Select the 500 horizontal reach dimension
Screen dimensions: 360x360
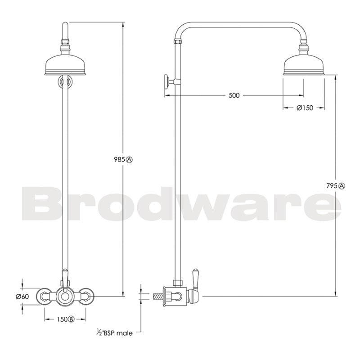tap(234, 95)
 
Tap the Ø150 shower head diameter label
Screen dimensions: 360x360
tap(305, 108)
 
